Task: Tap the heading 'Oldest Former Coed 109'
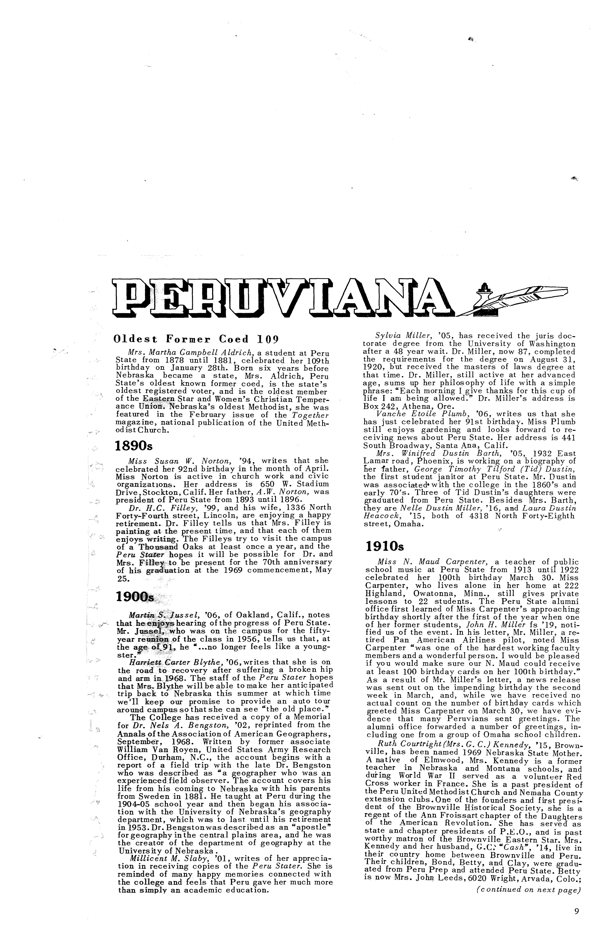tap(196, 338)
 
